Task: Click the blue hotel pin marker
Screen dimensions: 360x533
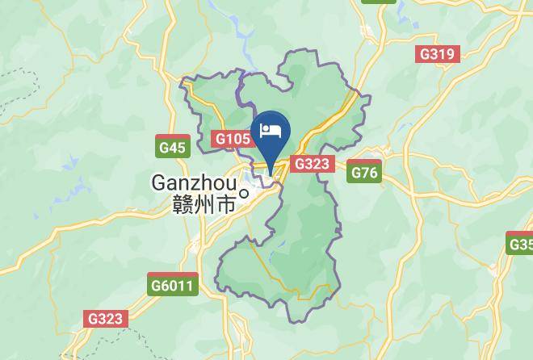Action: [x=271, y=133]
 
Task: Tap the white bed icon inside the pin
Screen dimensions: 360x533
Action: [x=271, y=130]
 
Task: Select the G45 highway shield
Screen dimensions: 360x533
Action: [x=172, y=147]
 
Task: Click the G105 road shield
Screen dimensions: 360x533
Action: [x=232, y=139]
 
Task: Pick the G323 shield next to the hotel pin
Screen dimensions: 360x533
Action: [x=312, y=164]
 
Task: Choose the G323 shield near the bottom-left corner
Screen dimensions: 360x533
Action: [x=106, y=318]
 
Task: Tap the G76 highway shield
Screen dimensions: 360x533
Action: [x=363, y=172]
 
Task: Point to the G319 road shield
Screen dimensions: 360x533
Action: [x=437, y=54]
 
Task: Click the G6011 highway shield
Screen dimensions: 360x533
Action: [x=173, y=285]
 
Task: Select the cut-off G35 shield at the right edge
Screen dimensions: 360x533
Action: [x=521, y=243]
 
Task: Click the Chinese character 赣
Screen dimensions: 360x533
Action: [x=183, y=204]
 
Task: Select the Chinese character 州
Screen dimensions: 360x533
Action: [x=205, y=204]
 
